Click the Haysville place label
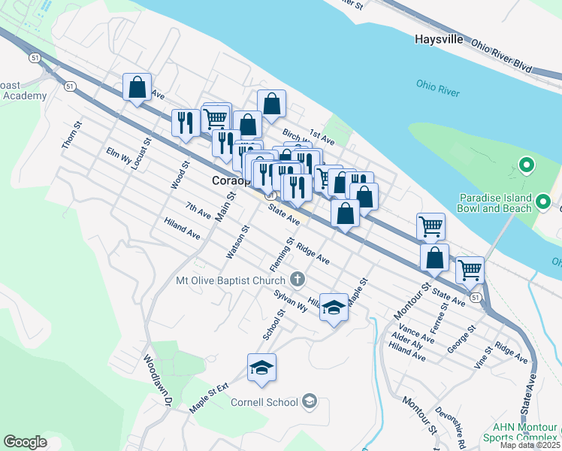click(439, 39)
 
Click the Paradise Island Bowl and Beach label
click(496, 203)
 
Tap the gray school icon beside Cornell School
click(309, 402)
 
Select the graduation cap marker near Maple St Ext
click(261, 368)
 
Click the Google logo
click(25, 441)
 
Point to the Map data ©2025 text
click(530, 445)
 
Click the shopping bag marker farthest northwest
click(137, 86)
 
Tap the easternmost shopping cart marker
click(470, 269)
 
